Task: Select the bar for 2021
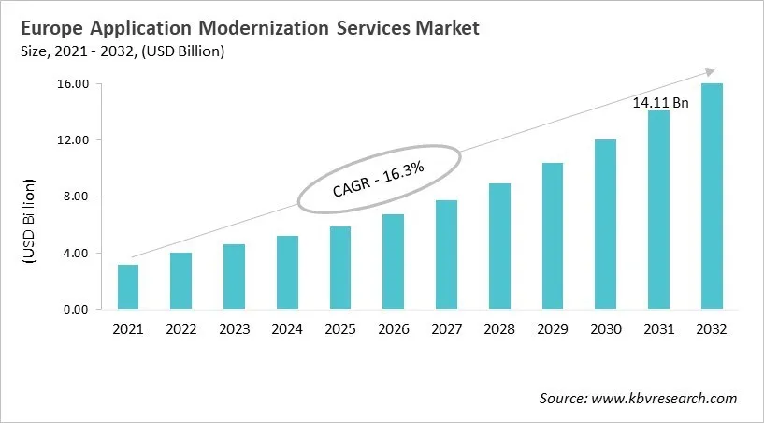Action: tap(128, 287)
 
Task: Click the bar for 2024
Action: tap(288, 272)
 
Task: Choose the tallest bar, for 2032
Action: tap(713, 197)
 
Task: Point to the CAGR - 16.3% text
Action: tap(379, 178)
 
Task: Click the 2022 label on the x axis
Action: tap(181, 330)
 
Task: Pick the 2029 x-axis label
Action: tap(553, 330)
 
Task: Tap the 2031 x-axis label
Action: tap(659, 330)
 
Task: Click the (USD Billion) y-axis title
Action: tap(30, 221)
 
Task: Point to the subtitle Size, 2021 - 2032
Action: tap(123, 51)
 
